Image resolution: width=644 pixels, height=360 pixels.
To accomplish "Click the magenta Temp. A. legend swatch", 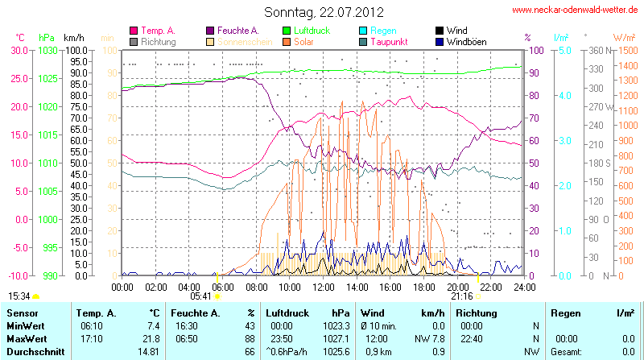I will coord(134,31).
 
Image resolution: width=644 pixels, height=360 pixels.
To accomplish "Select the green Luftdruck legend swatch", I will coord(287,31).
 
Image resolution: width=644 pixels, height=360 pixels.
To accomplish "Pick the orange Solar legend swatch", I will coord(287,41).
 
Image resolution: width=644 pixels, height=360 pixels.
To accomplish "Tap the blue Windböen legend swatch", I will coord(440,41).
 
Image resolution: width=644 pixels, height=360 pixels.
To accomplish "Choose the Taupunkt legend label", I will coord(391,41).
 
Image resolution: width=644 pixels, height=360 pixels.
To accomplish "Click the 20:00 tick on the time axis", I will coord(458,286).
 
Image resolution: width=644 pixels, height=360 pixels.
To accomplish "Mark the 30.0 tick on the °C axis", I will coord(19,50).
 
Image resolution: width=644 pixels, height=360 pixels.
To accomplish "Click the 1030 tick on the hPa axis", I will coord(47,50).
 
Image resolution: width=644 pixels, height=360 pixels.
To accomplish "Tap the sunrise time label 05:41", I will coord(200,296).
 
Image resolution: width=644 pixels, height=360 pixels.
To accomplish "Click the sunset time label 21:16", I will coord(461,296).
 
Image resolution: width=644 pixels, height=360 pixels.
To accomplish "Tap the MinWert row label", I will coord(26,325).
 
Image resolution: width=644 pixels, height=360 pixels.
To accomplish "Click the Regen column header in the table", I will coord(565,312).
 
